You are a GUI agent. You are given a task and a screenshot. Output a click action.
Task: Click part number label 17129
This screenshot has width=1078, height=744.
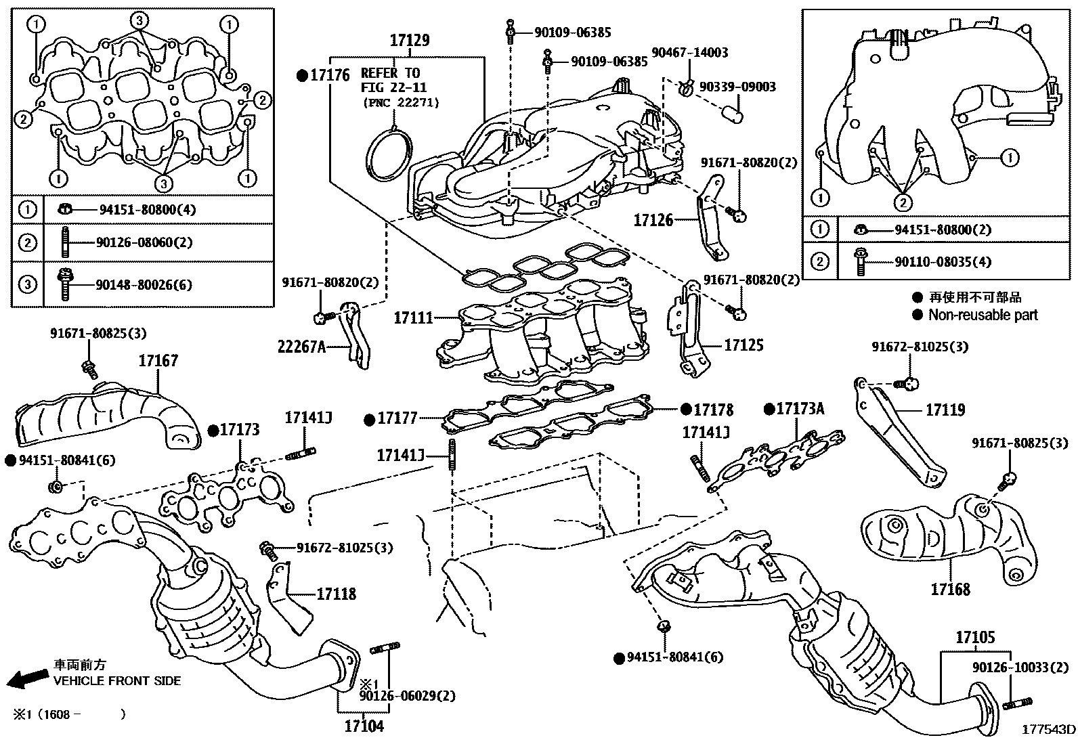coord(410,41)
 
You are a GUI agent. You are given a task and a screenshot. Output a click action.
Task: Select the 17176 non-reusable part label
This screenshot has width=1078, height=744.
coord(329,76)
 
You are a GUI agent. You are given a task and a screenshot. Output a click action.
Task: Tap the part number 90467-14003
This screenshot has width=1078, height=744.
coord(689,53)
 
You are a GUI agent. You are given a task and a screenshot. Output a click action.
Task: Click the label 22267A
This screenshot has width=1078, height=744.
coord(302,347)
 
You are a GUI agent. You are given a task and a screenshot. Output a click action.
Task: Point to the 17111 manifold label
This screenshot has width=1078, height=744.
coord(413,317)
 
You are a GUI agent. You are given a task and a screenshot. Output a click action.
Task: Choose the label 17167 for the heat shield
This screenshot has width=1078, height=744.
coord(158,361)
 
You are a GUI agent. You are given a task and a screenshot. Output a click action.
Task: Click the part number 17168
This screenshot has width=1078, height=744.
coord(950,589)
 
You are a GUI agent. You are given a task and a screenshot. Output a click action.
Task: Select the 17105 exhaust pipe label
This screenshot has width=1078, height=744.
coord(975,637)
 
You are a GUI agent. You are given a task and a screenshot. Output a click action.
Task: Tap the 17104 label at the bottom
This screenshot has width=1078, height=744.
coord(364,726)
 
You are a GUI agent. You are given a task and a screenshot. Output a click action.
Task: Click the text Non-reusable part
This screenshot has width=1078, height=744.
coord(983,315)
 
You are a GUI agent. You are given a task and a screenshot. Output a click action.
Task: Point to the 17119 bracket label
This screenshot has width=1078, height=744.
coord(945,410)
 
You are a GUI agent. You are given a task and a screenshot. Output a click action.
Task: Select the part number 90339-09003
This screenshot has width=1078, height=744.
coord(737,87)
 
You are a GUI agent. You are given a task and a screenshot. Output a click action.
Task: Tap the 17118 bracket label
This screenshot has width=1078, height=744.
coord(336,594)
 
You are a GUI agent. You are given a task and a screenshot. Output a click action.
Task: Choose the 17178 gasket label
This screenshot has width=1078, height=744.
coord(713,410)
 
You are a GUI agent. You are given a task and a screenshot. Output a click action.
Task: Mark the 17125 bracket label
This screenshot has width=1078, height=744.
coord(743,345)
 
